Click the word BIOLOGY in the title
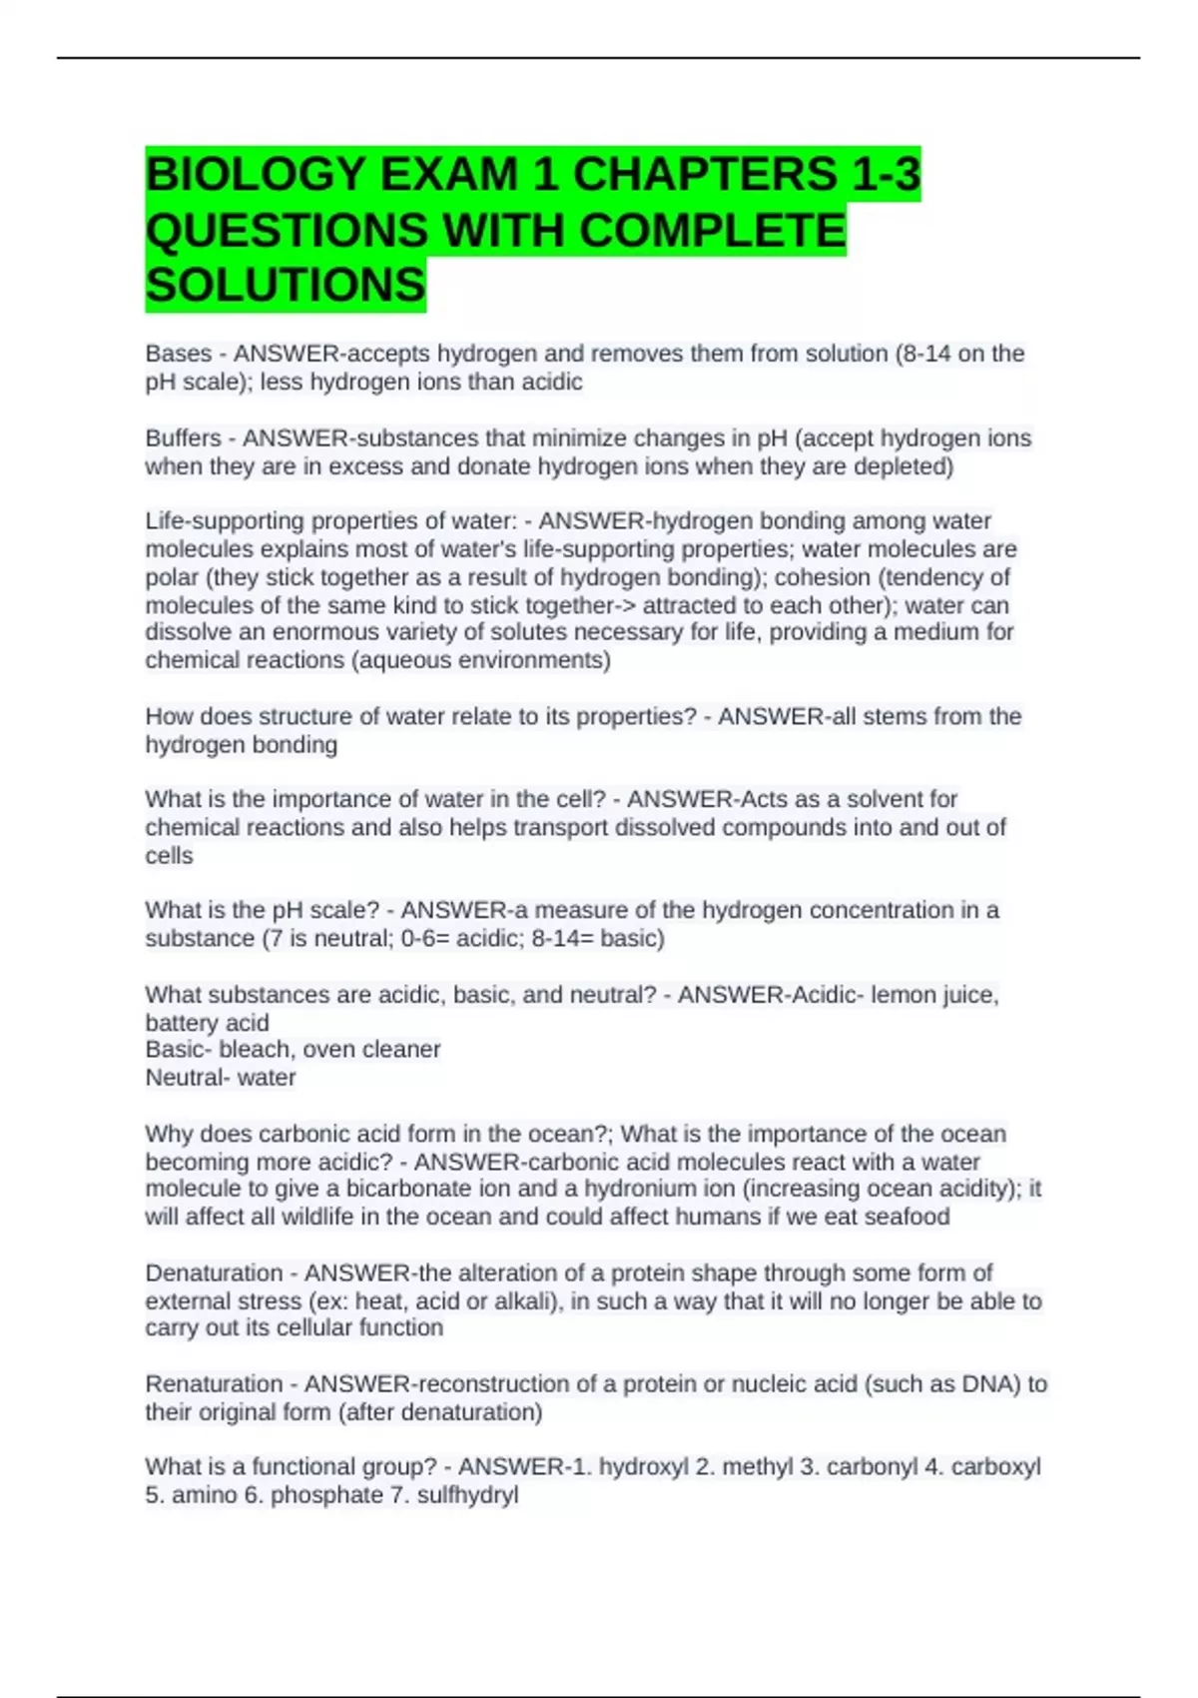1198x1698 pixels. point(254,175)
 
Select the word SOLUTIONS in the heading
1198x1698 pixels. point(286,286)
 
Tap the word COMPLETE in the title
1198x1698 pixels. point(712,231)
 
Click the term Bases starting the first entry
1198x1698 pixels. point(179,354)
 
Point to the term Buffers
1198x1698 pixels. point(183,438)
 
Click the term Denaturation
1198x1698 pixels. point(214,1273)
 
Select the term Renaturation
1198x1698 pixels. point(214,1384)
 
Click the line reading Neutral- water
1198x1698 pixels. point(221,1078)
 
